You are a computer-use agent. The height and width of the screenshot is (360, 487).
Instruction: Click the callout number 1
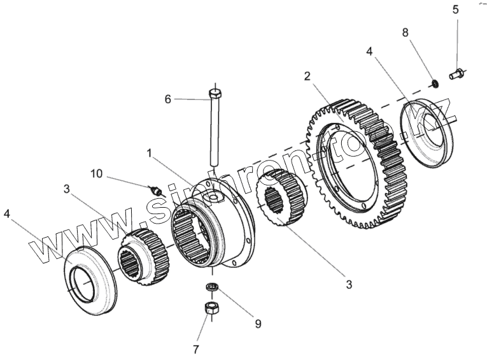point(149,154)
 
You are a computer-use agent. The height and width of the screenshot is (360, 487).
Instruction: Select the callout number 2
point(307,76)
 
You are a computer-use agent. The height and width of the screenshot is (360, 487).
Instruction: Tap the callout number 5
point(455,10)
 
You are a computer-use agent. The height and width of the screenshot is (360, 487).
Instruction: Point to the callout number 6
point(168,99)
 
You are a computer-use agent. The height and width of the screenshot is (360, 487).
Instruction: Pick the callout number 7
point(197,349)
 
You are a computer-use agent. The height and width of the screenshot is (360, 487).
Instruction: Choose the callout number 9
point(257,323)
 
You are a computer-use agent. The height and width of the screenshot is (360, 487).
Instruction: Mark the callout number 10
point(95,173)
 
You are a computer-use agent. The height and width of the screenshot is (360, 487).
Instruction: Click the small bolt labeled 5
point(456,75)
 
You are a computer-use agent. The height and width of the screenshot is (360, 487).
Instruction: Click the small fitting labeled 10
point(153,190)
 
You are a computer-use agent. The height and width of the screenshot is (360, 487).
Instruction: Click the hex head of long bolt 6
point(215,96)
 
